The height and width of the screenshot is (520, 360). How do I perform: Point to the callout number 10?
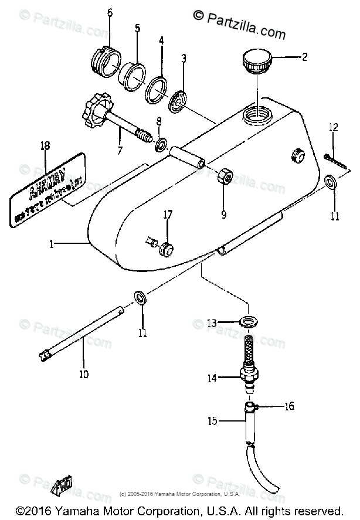(x=84, y=373)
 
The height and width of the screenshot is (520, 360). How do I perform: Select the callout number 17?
(x=168, y=215)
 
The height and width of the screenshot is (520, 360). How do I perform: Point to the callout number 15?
(x=212, y=420)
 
